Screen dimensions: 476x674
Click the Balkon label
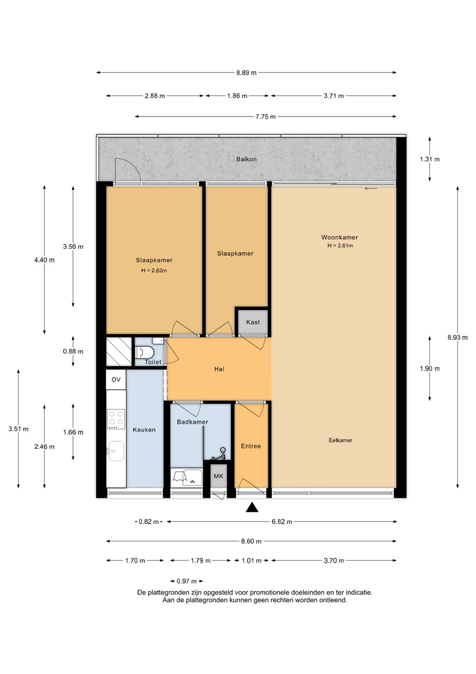246,159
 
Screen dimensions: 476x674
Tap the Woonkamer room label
339,237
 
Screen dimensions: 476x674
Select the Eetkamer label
340,440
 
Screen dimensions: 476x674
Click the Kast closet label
252,322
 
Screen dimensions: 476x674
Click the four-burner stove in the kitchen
116,419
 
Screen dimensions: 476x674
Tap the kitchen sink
116,451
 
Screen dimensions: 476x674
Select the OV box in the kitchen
116,380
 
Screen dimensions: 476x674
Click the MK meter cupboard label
218,476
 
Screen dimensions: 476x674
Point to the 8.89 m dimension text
246,73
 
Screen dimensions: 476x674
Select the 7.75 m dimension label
265,117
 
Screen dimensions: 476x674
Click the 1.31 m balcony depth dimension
430,159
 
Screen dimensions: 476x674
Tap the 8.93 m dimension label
458,337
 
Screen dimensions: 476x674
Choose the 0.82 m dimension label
148,522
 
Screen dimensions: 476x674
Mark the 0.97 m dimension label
187,581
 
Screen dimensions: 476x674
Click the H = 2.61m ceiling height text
340,246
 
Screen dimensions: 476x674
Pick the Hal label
219,369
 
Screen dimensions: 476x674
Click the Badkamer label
192,422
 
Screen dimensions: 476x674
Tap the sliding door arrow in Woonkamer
371,189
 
